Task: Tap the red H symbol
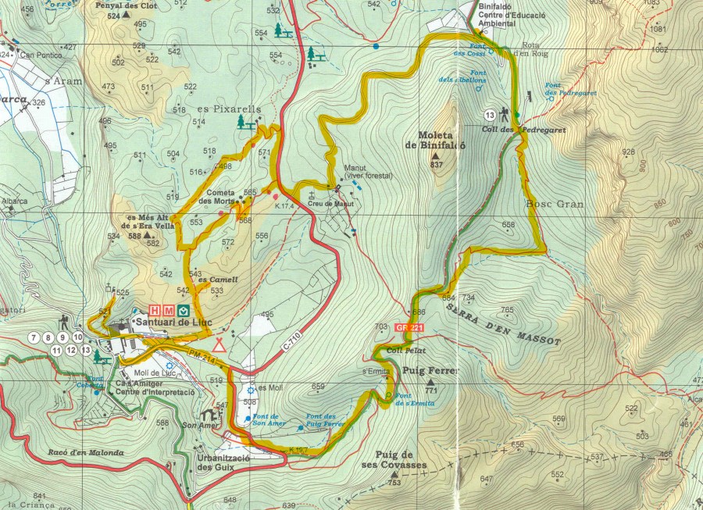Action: [x=155, y=310]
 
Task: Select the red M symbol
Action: [x=168, y=310]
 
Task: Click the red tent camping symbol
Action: [x=219, y=345]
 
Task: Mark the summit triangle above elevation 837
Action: [x=435, y=155]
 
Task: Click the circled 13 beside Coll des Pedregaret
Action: [x=490, y=115]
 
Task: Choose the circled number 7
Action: [x=33, y=337]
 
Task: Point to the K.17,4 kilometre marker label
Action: [x=287, y=206]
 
